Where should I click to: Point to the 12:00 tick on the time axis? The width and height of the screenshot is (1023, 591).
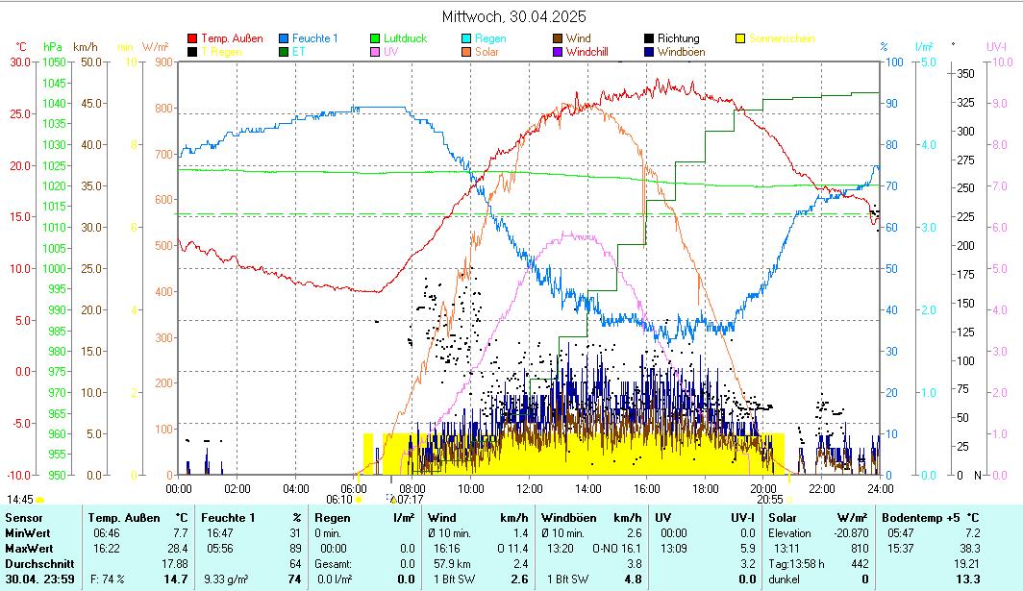point(529,488)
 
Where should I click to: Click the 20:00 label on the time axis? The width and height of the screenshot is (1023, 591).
point(763,488)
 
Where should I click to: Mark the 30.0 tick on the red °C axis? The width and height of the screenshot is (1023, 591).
point(20,62)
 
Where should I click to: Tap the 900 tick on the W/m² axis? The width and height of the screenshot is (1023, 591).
point(162,62)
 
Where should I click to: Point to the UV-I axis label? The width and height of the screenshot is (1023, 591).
point(996,46)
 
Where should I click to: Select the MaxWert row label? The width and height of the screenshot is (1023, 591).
point(29,548)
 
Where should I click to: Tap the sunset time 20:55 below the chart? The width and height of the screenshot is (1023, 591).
point(769,500)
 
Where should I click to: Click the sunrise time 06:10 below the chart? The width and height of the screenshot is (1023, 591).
point(338,500)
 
